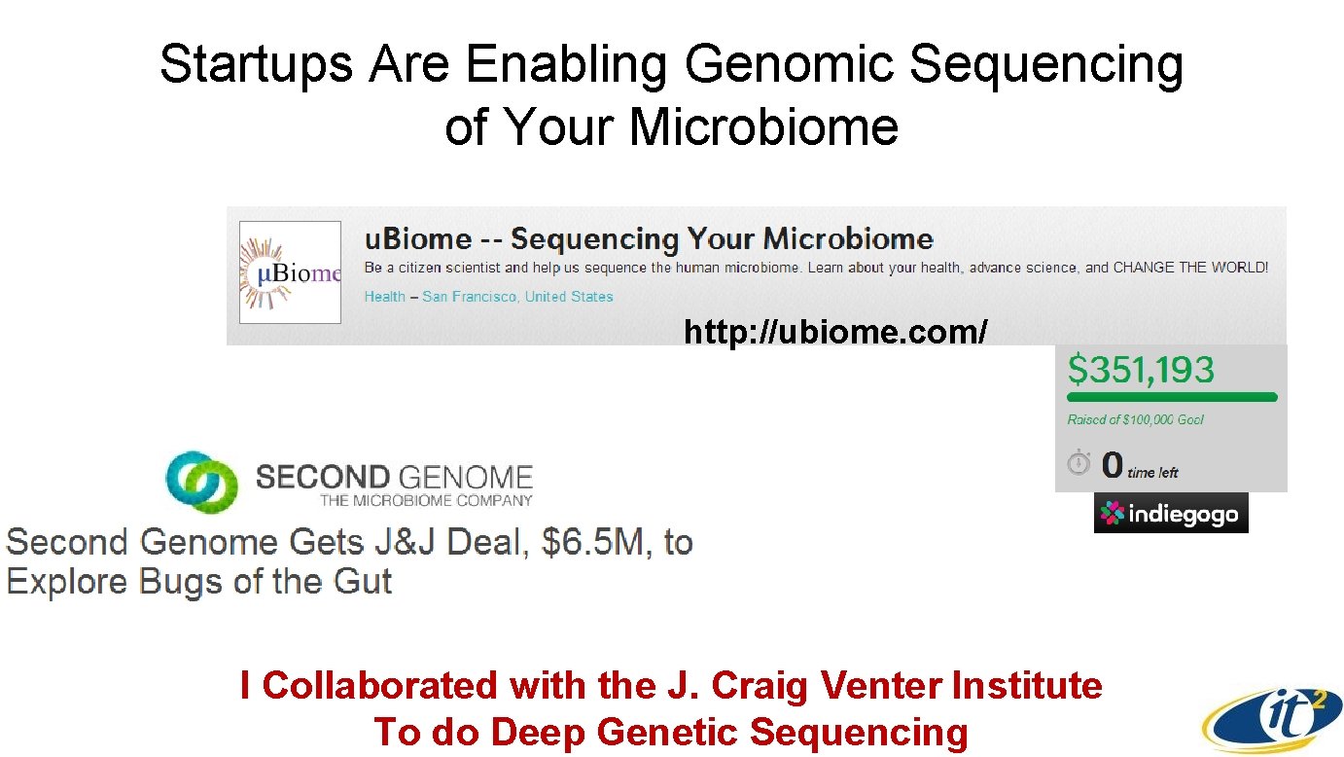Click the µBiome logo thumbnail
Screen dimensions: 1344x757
click(291, 272)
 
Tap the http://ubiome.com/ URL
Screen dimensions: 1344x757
click(835, 332)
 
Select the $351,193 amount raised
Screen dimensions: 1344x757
click(1141, 369)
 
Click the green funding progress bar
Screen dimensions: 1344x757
click(1172, 397)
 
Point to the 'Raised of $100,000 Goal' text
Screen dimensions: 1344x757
click(1135, 419)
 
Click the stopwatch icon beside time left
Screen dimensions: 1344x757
click(1079, 463)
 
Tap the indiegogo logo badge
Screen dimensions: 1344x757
click(1171, 514)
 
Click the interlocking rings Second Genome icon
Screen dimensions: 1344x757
click(201, 482)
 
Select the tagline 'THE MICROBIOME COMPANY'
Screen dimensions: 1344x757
click(426, 501)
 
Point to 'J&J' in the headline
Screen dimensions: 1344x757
click(404, 542)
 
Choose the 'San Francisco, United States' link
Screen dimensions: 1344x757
click(517, 297)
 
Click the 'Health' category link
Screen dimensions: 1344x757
click(384, 297)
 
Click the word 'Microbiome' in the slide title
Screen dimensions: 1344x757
click(763, 127)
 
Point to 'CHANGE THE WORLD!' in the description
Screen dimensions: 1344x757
click(1190, 268)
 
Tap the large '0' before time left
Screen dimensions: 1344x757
click(1112, 465)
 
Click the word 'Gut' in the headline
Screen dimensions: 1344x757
click(363, 582)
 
